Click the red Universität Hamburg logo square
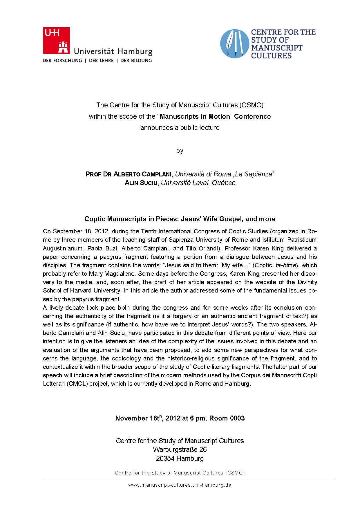(x=56, y=40)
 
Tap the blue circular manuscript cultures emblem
(x=234, y=44)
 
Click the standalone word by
(x=180, y=150)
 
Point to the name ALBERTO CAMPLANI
(x=142, y=174)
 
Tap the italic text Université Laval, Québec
(x=198, y=183)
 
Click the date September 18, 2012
(x=76, y=231)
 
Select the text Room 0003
(x=227, y=418)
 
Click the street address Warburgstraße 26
(x=180, y=450)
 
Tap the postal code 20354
(x=165, y=459)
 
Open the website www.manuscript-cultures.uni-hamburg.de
(x=180, y=485)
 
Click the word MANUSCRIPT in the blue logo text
(x=276, y=48)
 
